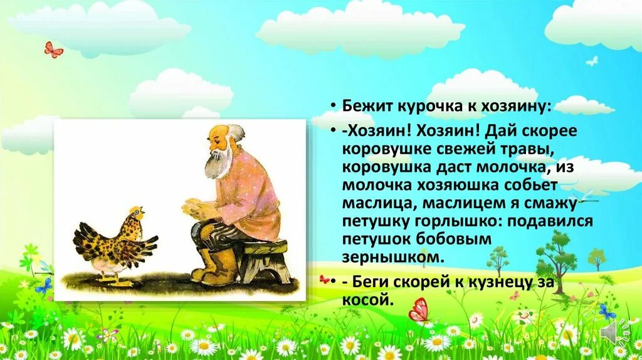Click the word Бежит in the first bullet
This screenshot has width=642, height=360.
click(365, 106)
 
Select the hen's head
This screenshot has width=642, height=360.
click(137, 216)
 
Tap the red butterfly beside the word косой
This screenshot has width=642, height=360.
click(419, 310)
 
